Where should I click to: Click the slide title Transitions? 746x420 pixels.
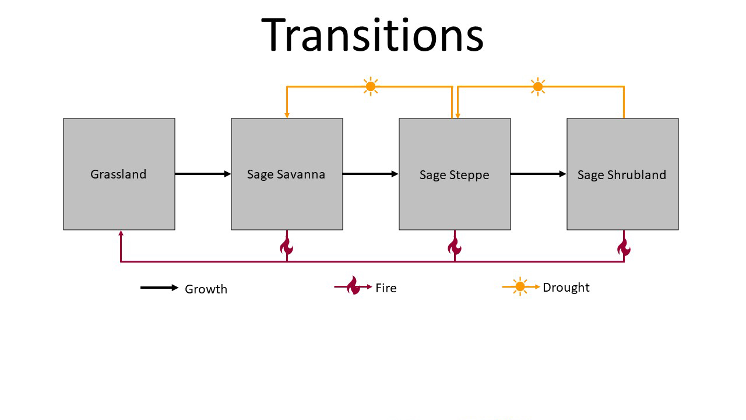(372, 36)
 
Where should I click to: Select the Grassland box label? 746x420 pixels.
(118, 174)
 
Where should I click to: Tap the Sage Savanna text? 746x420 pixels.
(286, 174)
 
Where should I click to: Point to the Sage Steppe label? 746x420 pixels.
(454, 175)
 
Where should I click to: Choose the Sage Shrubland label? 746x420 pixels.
(622, 174)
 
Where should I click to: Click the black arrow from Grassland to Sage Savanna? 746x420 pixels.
(203, 174)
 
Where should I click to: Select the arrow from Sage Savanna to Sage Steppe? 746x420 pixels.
(370, 174)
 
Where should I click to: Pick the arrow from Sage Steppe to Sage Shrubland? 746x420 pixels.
(538, 174)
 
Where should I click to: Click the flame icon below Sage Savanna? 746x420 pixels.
(286, 247)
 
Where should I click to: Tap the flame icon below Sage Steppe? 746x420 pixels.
(454, 247)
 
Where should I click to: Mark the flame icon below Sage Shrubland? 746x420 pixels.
(624, 248)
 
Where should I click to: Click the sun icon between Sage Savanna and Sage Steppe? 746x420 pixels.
(370, 87)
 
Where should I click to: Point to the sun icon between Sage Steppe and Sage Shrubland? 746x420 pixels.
(538, 87)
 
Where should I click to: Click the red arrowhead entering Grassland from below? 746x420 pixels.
(121, 233)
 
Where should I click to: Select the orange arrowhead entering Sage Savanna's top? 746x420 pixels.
(287, 116)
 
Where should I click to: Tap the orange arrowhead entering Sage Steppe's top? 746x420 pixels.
(458, 116)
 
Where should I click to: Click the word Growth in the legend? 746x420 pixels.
(206, 289)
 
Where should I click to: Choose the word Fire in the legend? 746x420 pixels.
(386, 288)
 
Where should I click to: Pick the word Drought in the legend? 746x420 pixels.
(566, 288)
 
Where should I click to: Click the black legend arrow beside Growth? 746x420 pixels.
(160, 288)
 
